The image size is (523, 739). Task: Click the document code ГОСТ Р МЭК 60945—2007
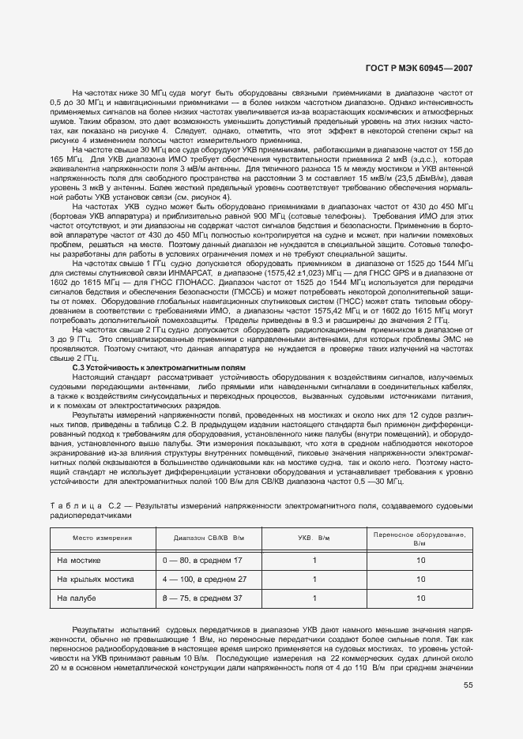coord(421,69)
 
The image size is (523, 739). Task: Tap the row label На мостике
coord(79,560)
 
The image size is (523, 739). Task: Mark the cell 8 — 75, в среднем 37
coord(202,599)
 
